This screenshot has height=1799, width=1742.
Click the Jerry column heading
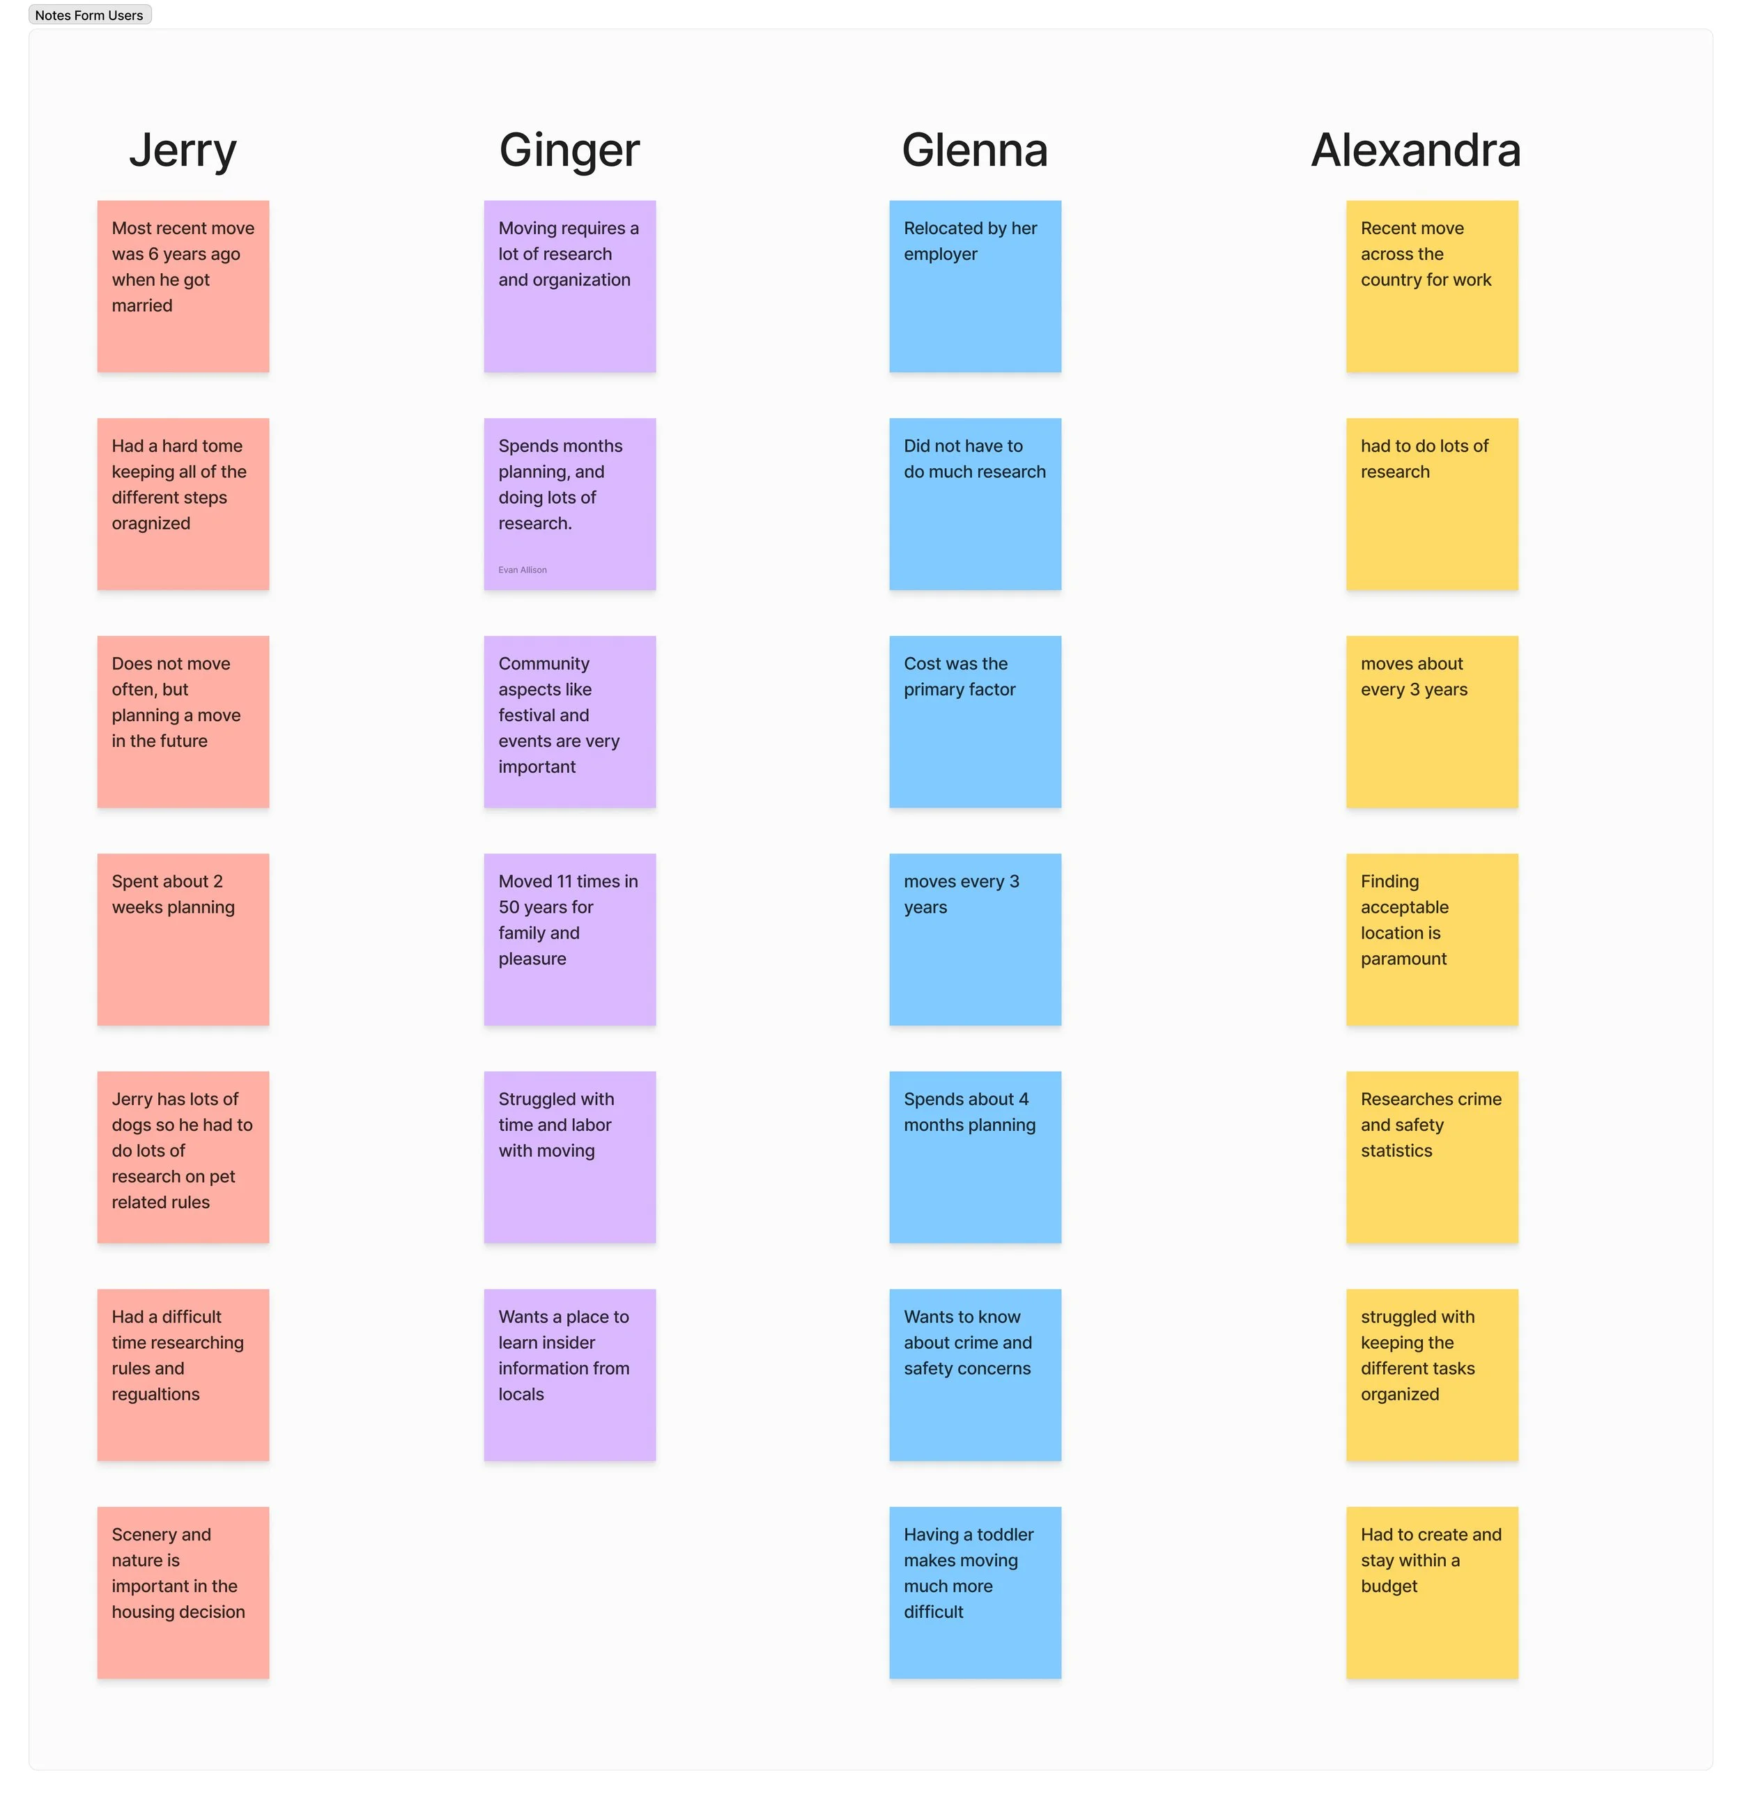coord(183,150)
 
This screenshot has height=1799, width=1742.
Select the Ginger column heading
coord(569,150)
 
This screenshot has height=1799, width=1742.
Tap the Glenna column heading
coord(974,150)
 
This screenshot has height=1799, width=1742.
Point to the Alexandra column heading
coord(1415,150)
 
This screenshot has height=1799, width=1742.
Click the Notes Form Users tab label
coord(89,15)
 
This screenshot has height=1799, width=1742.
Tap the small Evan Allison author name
coord(522,570)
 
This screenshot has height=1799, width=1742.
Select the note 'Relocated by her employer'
coord(975,286)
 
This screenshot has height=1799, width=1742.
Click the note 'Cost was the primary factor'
coord(975,721)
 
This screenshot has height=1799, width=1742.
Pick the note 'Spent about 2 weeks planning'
coord(183,939)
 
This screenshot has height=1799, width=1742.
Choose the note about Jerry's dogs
coord(183,1157)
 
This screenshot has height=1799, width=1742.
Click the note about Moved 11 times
coord(569,939)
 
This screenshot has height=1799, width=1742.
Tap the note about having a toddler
coord(975,1591)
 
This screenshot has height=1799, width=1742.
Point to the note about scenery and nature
coord(183,1591)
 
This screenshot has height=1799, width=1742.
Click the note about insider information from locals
coord(569,1374)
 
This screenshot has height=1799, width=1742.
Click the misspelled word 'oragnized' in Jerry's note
coord(151,523)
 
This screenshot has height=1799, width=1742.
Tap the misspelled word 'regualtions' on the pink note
coord(156,1394)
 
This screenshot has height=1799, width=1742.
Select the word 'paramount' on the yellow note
coord(1403,959)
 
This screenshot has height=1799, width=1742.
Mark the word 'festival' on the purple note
coord(544,715)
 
